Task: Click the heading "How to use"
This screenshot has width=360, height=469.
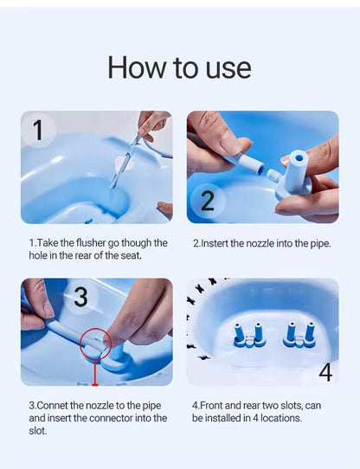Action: click(x=179, y=67)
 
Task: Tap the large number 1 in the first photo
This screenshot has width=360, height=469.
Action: click(x=38, y=131)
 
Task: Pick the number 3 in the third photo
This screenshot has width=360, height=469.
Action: click(x=80, y=298)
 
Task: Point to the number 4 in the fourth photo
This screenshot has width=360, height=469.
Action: click(x=325, y=372)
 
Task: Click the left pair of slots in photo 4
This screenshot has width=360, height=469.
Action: click(x=247, y=335)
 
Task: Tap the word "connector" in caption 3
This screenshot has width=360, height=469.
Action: click(x=112, y=418)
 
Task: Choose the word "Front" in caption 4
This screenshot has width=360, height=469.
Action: click(x=213, y=405)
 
